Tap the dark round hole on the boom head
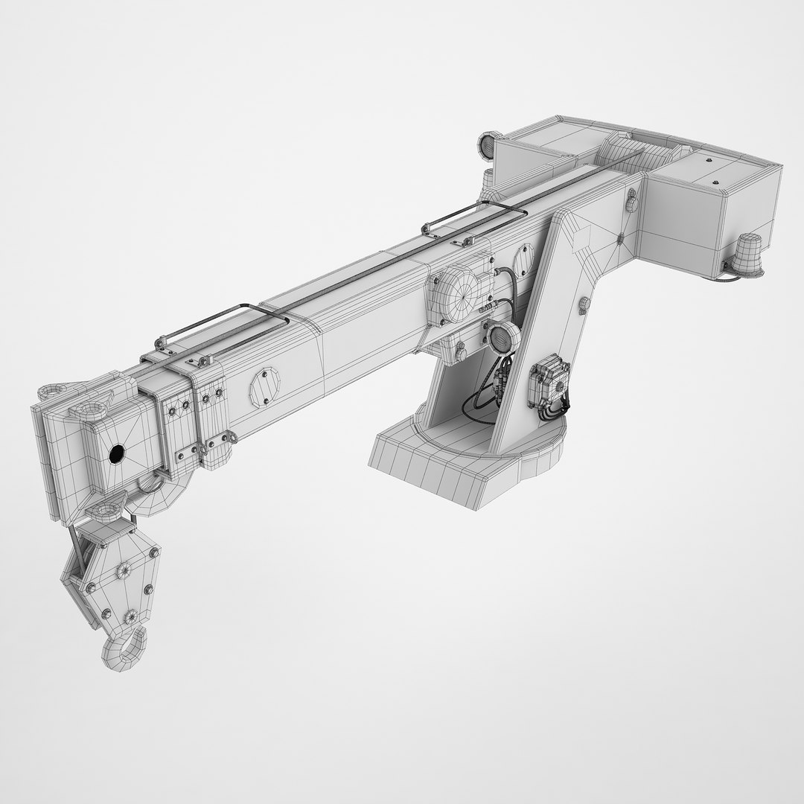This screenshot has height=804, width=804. pyautogui.click(x=117, y=454)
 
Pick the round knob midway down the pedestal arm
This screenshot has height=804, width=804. pyautogui.click(x=583, y=304)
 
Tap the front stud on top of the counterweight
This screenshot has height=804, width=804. pyautogui.click(x=716, y=183)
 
